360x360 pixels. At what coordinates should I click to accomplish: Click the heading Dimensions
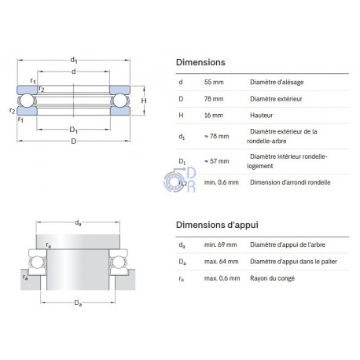click(x=200, y=62)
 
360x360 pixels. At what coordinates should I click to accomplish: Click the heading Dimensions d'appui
click(x=217, y=225)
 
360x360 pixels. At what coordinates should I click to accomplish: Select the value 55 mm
click(x=214, y=82)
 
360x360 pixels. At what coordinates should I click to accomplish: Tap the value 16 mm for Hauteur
click(x=214, y=116)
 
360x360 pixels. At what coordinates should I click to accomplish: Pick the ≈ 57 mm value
click(x=217, y=161)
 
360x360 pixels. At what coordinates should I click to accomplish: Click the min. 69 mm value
click(x=221, y=244)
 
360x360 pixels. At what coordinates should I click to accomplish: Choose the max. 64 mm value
click(x=222, y=262)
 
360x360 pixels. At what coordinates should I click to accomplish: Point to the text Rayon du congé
click(x=272, y=278)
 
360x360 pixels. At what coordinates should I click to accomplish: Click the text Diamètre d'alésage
click(x=277, y=83)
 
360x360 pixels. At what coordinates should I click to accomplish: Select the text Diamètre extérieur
click(x=276, y=99)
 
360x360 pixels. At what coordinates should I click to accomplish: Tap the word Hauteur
click(x=261, y=116)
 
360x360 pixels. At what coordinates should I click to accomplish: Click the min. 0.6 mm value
click(x=222, y=182)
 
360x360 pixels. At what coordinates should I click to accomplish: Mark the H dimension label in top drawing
click(x=144, y=101)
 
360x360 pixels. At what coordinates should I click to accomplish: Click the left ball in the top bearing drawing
click(x=27, y=101)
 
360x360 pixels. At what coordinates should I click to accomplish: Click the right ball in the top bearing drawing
click(x=120, y=101)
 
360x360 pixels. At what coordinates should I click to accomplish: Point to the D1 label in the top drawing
click(x=74, y=130)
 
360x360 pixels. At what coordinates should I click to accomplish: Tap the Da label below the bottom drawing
click(x=78, y=303)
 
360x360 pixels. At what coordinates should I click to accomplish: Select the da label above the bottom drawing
click(x=78, y=223)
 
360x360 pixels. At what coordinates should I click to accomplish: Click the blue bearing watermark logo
click(x=180, y=180)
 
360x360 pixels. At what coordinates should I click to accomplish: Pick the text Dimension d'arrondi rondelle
click(x=290, y=182)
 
